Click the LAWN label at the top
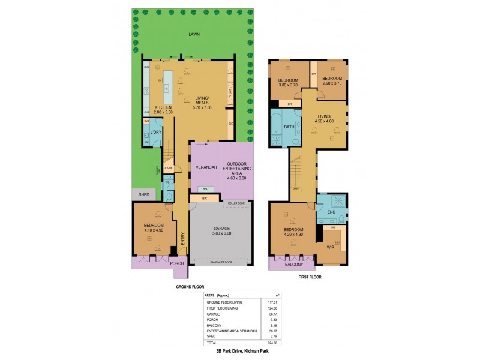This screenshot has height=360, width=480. point(193,34)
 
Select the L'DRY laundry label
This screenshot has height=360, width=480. point(156,131)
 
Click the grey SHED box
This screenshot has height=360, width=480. point(143,194)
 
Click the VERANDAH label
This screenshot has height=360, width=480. point(206,167)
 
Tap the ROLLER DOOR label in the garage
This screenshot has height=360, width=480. point(236,203)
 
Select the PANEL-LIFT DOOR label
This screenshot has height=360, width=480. point(221,262)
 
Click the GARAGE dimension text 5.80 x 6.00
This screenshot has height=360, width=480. point(221,233)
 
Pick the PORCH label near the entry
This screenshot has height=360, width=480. point(176,263)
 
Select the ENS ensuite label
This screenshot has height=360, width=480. point(331,212)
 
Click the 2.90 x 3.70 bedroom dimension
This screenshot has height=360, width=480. point(331,83)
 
